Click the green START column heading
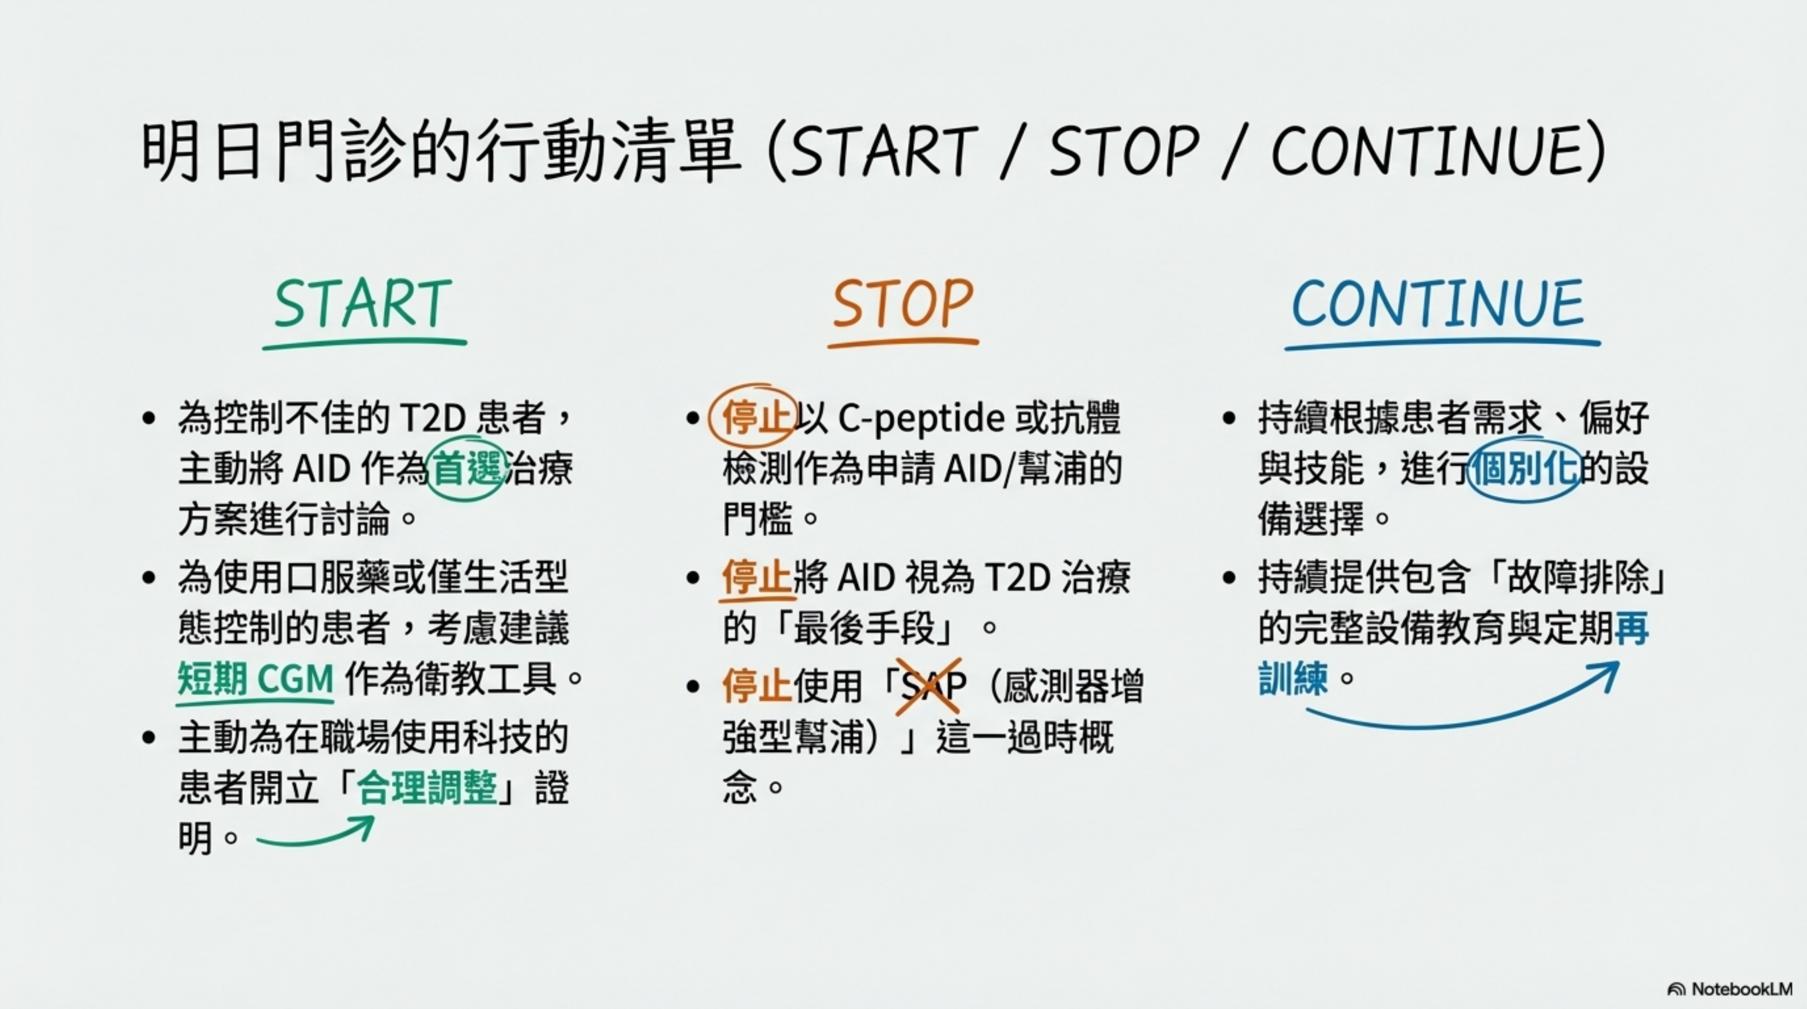pyautogui.click(x=362, y=304)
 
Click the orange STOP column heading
pyautogui.click(x=903, y=304)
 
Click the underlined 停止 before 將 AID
pyautogui.click(x=756, y=577)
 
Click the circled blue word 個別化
pyautogui.click(x=1523, y=469)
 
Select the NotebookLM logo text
pyautogui.click(x=1742, y=989)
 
